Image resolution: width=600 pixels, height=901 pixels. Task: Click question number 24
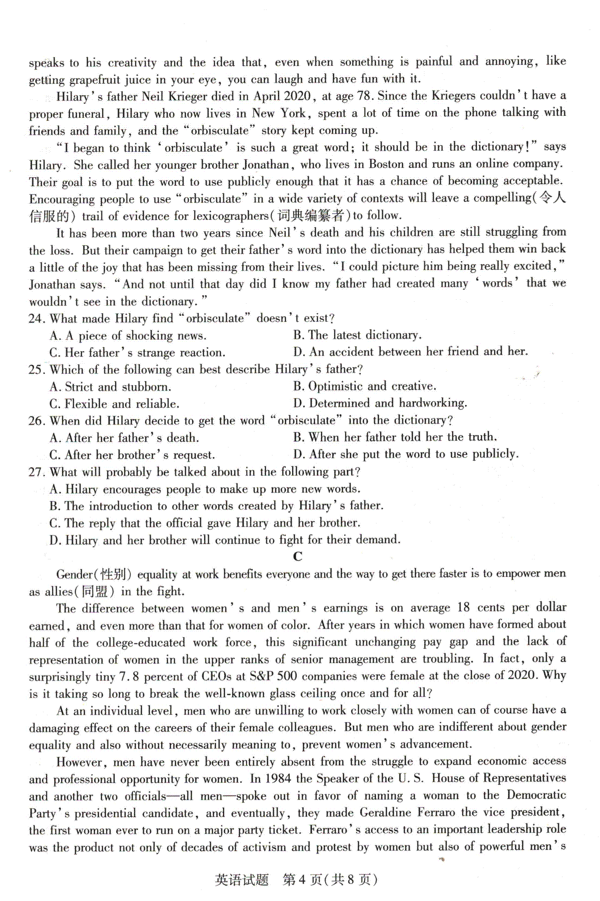pos(37,319)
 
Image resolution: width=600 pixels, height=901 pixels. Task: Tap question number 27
pos(37,472)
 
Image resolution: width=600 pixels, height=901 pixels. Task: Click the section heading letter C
pos(298,556)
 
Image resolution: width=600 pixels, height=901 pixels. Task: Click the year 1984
pos(277,778)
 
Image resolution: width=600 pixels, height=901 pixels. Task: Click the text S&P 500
pos(272,676)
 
